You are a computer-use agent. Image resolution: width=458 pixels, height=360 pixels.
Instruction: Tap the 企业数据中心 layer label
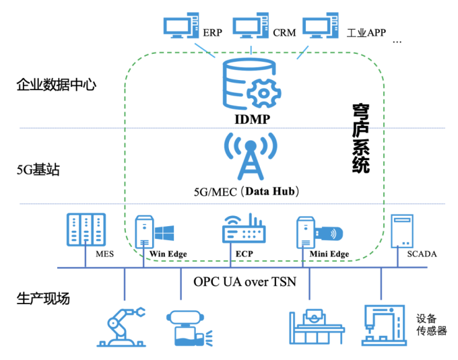(x=56, y=85)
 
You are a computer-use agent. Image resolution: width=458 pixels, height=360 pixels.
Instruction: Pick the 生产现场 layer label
(x=44, y=299)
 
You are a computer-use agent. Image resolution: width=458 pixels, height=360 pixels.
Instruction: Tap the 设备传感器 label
(x=431, y=324)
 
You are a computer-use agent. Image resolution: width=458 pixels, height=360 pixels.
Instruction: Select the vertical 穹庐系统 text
(x=360, y=139)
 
